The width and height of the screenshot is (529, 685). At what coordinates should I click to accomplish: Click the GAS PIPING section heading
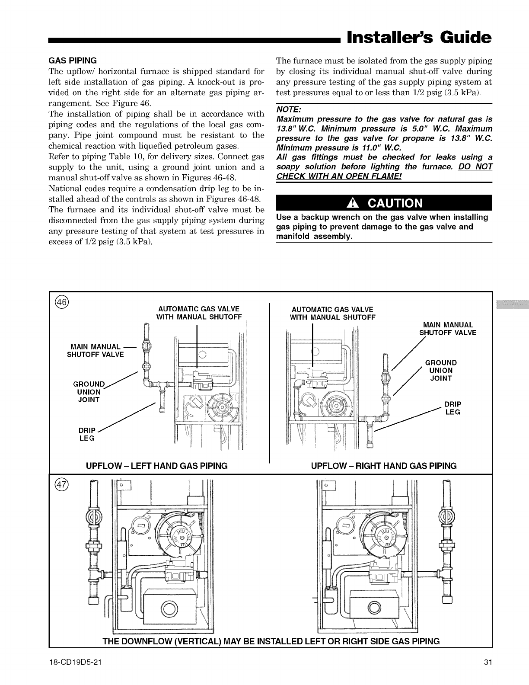pyautogui.click(x=75, y=60)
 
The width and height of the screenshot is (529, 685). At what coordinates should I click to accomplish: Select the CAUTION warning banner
pyautogui.click(x=384, y=203)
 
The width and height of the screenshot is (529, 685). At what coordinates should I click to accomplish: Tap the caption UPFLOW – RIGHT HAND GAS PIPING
pyautogui.click(x=384, y=466)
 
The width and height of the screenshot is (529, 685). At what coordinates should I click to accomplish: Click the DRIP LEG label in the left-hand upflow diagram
pyautogui.click(x=86, y=435)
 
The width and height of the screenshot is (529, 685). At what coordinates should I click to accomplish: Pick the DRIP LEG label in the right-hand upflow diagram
pyautogui.click(x=453, y=408)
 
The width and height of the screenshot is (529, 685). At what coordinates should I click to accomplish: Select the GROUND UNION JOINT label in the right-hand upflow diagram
pyautogui.click(x=441, y=370)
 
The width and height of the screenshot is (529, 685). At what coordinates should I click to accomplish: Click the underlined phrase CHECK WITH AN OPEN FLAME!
pyautogui.click(x=339, y=176)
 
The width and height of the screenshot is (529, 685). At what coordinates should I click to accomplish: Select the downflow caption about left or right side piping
pyautogui.click(x=271, y=641)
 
